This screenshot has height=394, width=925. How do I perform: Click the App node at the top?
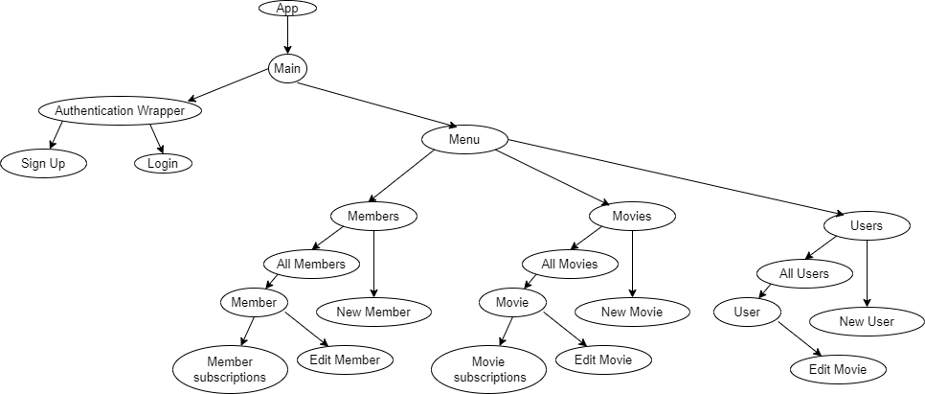(x=287, y=9)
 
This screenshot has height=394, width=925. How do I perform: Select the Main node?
(x=287, y=68)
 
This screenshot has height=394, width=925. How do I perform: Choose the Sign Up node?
(x=43, y=163)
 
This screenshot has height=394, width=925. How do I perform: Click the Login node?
(x=163, y=163)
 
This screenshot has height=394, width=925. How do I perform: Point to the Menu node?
(x=464, y=139)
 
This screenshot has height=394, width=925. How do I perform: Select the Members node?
(x=373, y=217)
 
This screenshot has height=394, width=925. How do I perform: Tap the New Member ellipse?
(x=373, y=312)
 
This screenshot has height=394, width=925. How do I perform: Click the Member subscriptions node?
(x=230, y=369)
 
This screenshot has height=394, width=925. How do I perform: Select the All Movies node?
(x=570, y=264)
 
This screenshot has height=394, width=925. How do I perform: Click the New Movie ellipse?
(x=632, y=312)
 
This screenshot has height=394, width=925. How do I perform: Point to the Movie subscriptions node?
(x=488, y=369)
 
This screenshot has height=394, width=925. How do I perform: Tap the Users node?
(x=867, y=226)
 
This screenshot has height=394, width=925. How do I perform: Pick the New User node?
(x=867, y=321)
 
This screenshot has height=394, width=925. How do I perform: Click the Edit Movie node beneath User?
(x=839, y=369)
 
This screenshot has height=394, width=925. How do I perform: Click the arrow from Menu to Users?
(x=670, y=178)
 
